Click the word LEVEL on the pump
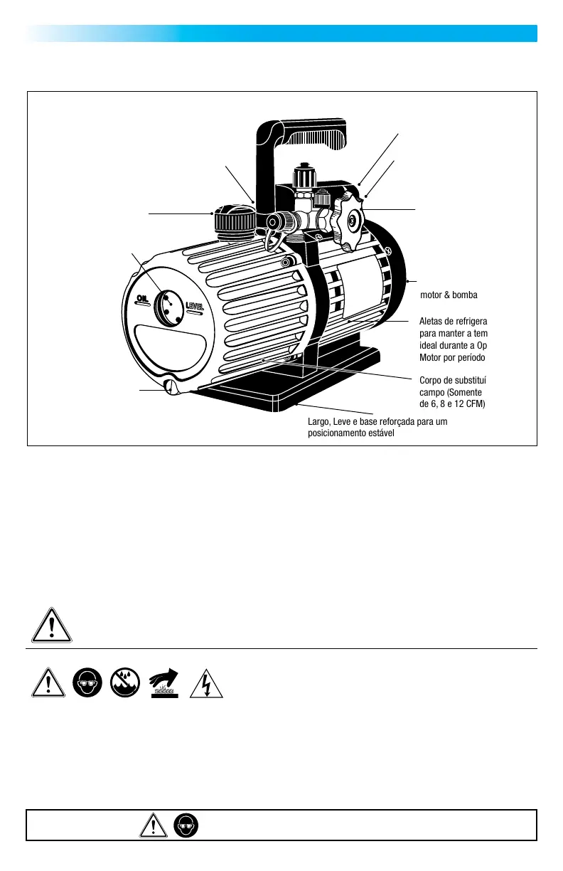(x=196, y=306)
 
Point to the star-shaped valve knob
(x=348, y=221)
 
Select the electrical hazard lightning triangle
(x=205, y=683)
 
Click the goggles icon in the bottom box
(x=186, y=825)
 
